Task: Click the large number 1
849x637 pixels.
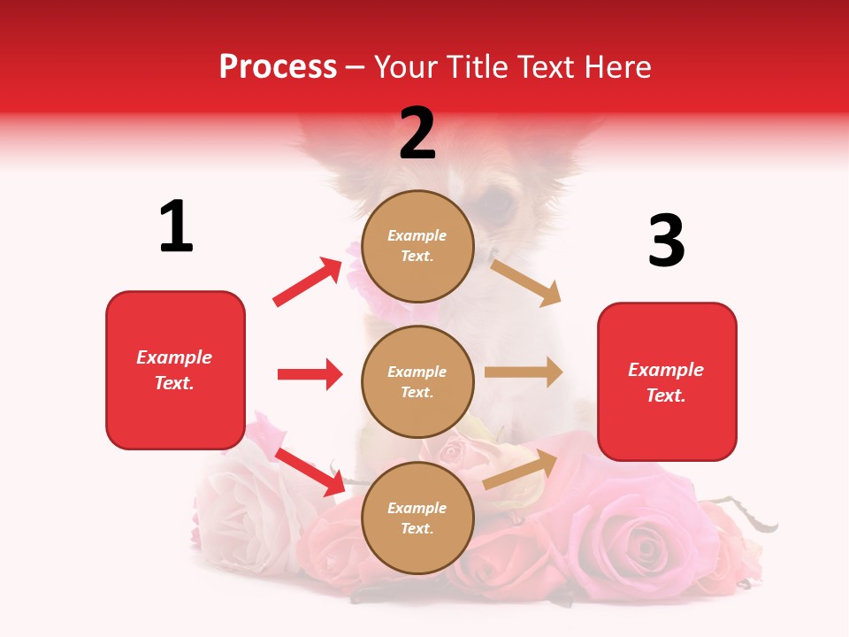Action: click(176, 226)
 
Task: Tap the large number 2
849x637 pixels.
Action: click(417, 134)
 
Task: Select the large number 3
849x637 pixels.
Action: click(666, 242)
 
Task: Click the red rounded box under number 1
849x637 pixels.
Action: click(175, 370)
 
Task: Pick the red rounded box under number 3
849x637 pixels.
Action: click(667, 381)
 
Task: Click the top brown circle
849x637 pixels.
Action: click(417, 246)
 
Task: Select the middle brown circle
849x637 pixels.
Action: click(417, 381)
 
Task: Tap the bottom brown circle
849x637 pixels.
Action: click(417, 518)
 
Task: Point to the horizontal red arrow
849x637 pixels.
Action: click(310, 374)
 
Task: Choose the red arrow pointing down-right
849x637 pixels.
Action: click(310, 472)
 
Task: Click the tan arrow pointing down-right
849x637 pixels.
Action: click(526, 282)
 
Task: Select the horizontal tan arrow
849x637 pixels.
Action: click(524, 372)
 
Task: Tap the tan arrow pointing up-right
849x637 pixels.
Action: click(521, 469)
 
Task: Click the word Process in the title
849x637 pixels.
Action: click(278, 66)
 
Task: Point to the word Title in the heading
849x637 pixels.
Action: click(478, 66)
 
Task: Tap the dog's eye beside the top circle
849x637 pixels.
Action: click(498, 202)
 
